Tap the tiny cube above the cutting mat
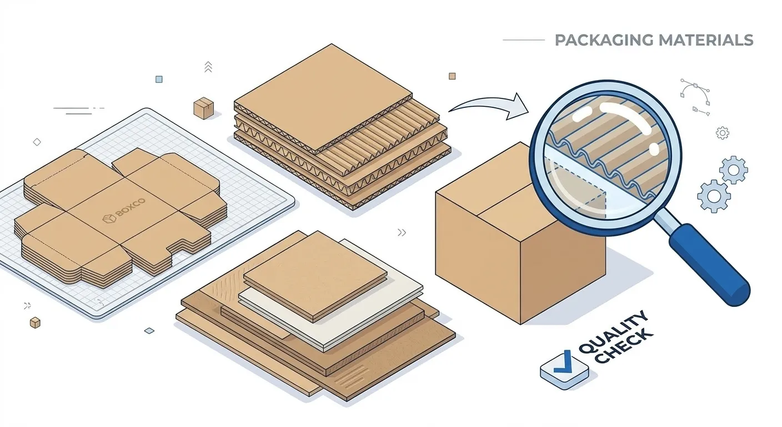(x=203, y=108)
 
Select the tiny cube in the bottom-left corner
(x=36, y=322)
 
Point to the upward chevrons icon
(x=208, y=67)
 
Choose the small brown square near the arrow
(x=452, y=76)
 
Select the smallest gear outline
(x=723, y=133)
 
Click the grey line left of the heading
(x=523, y=40)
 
